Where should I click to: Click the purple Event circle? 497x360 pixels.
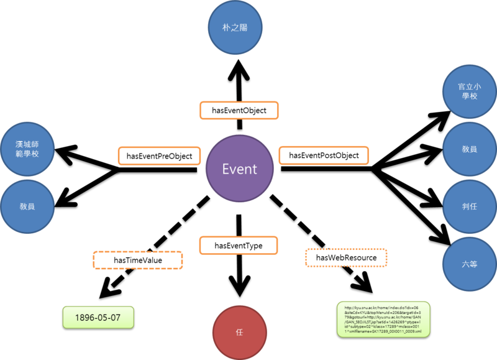[x=240, y=169]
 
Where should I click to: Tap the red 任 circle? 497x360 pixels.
[x=239, y=332]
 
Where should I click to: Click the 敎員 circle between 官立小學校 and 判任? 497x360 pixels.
[x=469, y=149]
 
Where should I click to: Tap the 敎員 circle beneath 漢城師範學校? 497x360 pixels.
[x=27, y=205]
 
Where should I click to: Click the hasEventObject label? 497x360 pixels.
[x=239, y=110]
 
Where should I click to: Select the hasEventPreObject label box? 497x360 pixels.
[x=159, y=155]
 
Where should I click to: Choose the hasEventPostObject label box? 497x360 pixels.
[x=324, y=155]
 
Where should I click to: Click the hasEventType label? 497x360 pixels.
[x=239, y=245]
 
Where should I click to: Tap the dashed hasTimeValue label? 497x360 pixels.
[x=138, y=259]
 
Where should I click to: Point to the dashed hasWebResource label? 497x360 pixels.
[x=346, y=257]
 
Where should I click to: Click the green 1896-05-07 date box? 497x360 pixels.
[x=100, y=317]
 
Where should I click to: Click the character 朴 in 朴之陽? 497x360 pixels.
[x=228, y=27]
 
